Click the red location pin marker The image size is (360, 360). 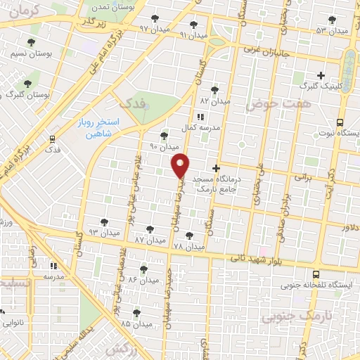181,165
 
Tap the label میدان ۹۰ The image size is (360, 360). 165,147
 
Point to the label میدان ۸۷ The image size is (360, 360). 149,240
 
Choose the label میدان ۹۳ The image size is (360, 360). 103,231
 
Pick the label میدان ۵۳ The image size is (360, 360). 331,30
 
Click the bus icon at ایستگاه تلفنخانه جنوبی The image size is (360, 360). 315,275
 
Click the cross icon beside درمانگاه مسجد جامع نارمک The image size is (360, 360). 216,168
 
